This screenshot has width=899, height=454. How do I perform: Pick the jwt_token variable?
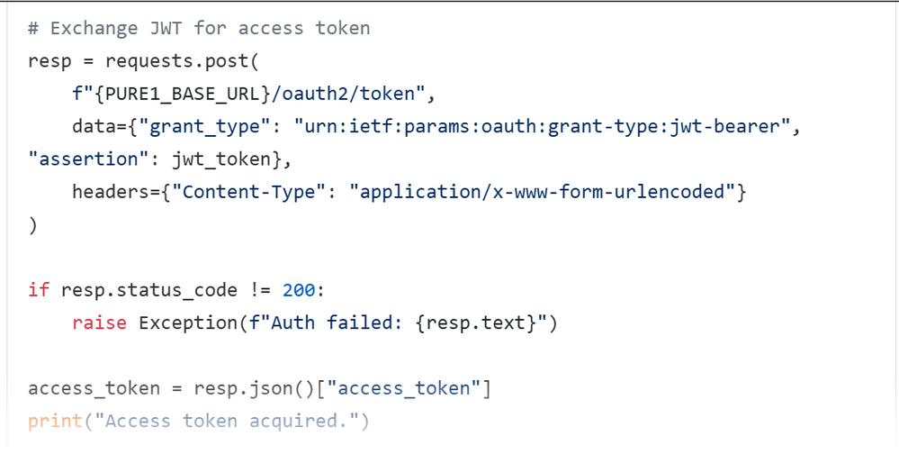(220, 159)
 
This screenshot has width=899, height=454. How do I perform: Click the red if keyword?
(39, 290)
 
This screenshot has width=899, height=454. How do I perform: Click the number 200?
(298, 290)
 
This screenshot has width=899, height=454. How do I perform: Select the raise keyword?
(99, 322)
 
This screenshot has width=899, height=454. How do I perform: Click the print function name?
(55, 421)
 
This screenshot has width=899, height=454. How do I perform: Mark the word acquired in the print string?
(292, 421)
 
